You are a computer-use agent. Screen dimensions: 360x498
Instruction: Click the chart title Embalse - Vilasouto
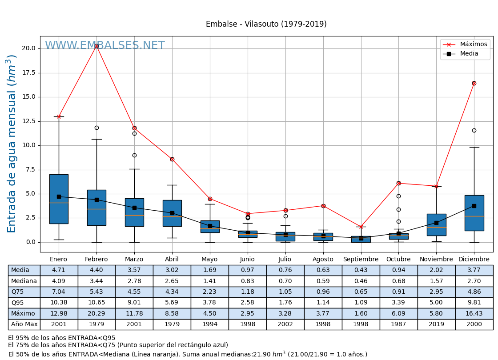(x=266, y=24)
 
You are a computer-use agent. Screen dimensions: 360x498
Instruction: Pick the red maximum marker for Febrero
(x=96, y=46)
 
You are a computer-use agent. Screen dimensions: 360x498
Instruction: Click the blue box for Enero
(x=59, y=199)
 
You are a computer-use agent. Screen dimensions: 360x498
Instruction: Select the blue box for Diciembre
(x=474, y=213)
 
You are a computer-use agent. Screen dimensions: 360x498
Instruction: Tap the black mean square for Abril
(x=172, y=213)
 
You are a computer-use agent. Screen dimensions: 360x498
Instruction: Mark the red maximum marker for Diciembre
(x=474, y=83)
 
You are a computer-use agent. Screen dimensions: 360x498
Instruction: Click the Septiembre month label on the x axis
(x=361, y=260)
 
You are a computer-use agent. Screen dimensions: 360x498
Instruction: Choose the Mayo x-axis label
(x=209, y=260)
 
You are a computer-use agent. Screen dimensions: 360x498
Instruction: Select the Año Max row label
(x=24, y=324)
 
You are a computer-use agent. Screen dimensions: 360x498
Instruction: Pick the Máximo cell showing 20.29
(x=96, y=314)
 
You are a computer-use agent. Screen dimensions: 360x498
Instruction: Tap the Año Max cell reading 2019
(x=436, y=324)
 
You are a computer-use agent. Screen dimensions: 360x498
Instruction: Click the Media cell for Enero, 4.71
(x=59, y=270)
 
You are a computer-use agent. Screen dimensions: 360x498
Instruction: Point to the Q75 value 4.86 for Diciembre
(x=474, y=292)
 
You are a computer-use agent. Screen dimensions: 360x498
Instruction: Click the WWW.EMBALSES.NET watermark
(x=105, y=46)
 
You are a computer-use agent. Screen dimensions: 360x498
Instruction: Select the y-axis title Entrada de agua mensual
(x=12, y=143)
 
